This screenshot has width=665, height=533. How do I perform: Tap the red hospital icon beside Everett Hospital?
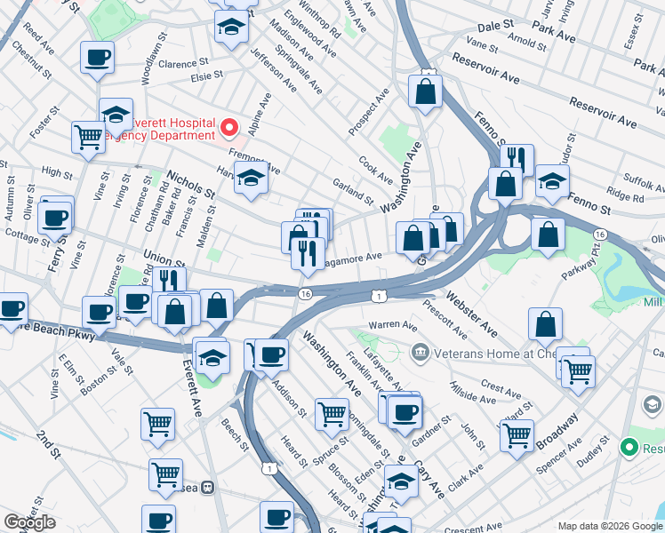coord(230,130)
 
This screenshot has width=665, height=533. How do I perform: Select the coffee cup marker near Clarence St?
coord(97,59)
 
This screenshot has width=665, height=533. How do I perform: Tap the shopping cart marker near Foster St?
coord(88,137)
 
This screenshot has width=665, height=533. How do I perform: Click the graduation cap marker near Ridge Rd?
coord(552,183)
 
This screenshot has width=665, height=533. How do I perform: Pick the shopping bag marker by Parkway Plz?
coord(548,235)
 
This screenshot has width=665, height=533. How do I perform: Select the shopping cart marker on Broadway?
coord(516,435)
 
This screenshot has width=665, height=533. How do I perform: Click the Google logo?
coord(29,521)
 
